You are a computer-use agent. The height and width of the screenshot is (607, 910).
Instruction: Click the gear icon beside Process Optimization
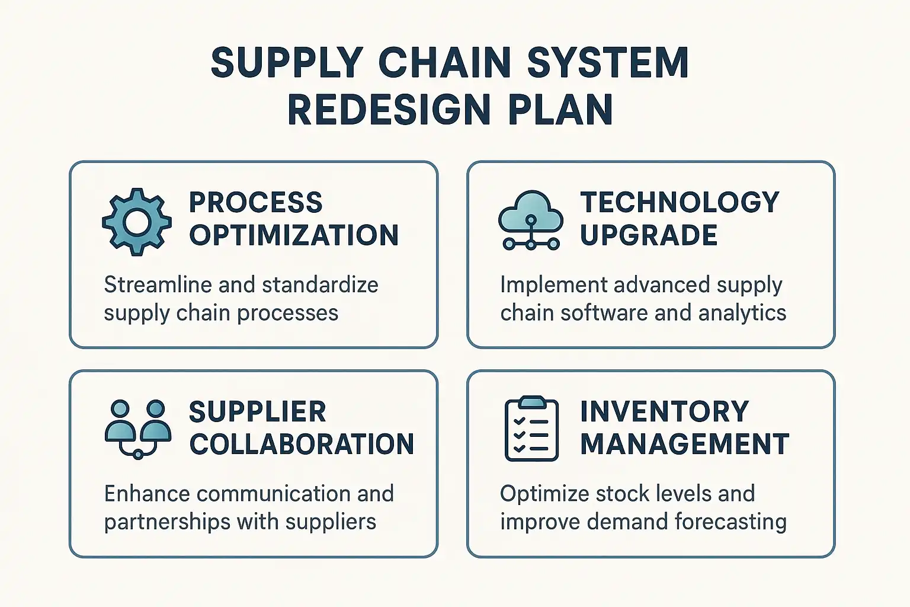tap(137, 222)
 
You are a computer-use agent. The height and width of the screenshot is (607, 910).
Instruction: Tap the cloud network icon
tap(531, 220)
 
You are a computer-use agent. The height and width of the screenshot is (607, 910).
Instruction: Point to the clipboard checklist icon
tap(531, 429)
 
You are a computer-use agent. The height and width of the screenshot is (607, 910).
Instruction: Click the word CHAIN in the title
tap(444, 62)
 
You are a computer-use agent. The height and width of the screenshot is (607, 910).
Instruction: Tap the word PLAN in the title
tap(560, 110)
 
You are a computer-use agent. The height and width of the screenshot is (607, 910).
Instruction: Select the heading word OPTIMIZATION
tap(294, 235)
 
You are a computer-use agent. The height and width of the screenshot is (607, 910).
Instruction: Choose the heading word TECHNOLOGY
tap(680, 202)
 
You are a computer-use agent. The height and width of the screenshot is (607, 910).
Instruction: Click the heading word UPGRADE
tap(649, 235)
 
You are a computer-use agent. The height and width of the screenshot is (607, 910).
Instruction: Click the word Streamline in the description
tap(158, 285)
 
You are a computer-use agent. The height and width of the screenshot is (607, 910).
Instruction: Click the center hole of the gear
tap(137, 222)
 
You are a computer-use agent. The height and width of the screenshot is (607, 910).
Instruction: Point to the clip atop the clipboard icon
tap(532, 402)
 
